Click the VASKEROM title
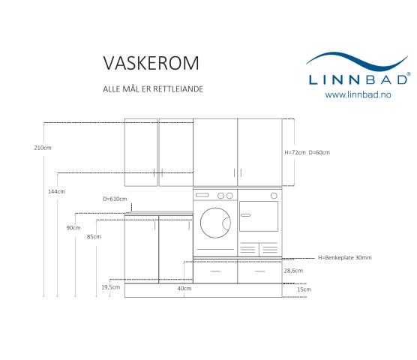[x=151, y=63]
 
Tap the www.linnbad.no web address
[x=358, y=94]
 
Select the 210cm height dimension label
[x=43, y=148]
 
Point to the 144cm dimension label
[x=56, y=191]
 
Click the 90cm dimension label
[x=73, y=228]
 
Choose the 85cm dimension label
[x=94, y=237]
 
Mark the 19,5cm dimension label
[x=111, y=287]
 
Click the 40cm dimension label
[x=184, y=289]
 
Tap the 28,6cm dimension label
[x=293, y=271]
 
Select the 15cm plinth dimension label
[x=304, y=289]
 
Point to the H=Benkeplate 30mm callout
[x=345, y=258]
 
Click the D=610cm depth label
[x=115, y=199]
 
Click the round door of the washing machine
[x=215, y=223]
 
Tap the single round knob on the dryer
[x=274, y=196]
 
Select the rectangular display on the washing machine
[x=202, y=196]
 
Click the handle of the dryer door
[x=245, y=215]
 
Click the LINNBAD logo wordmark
[x=358, y=79]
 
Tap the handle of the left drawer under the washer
[x=215, y=271]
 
